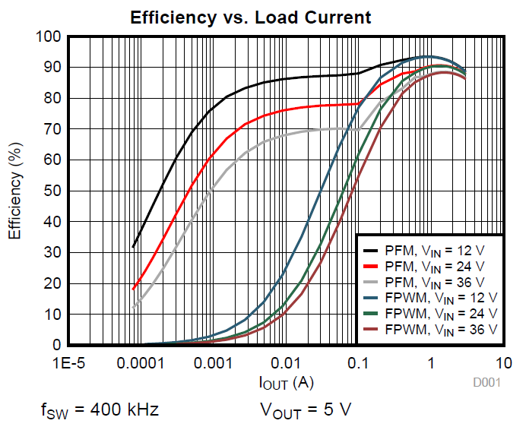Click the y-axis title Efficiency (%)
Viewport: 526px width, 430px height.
(14, 190)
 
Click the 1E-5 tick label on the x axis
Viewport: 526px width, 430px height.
(68, 363)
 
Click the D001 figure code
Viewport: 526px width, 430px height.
(486, 383)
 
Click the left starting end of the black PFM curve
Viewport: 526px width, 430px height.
(133, 247)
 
